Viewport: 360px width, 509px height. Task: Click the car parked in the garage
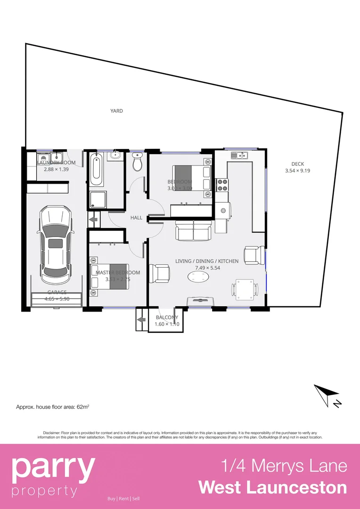[56, 245]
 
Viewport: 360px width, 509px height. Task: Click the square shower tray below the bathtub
[98, 200]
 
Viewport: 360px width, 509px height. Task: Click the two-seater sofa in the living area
[194, 231]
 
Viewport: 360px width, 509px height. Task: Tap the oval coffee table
[200, 277]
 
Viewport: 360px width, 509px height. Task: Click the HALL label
[137, 218]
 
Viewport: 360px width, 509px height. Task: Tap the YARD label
[116, 111]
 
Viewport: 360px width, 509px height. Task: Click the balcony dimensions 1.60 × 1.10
[167, 324]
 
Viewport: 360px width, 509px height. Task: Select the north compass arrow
[327, 394]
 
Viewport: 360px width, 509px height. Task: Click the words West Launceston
[272, 487]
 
